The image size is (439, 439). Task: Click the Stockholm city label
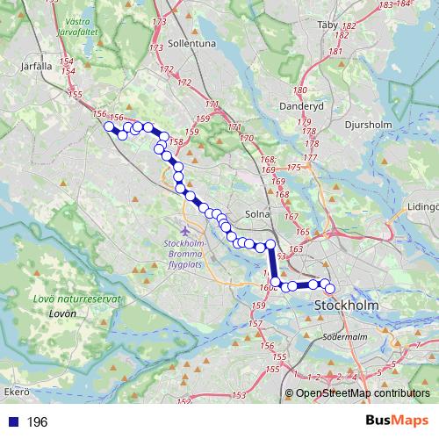point(346,305)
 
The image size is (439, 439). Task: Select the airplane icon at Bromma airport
point(184,230)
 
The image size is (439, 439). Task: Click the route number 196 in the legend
point(37,422)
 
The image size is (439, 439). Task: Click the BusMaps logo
point(397,421)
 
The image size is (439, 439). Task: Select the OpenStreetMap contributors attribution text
point(363,394)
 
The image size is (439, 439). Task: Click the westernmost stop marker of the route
point(110,126)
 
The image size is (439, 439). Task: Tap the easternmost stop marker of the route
point(330,289)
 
